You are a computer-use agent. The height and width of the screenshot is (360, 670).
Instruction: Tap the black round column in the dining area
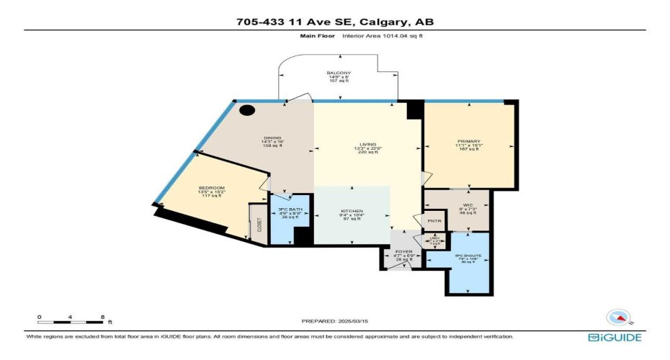[247, 111]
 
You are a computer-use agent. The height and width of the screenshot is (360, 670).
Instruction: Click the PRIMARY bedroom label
[468, 141]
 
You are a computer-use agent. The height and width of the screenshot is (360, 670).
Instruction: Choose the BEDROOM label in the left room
[212, 188]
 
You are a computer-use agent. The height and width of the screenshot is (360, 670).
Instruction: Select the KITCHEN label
[352, 211]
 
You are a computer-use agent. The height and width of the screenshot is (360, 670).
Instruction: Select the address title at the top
[335, 22]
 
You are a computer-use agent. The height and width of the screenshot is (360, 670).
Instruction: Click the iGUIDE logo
[614, 337]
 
